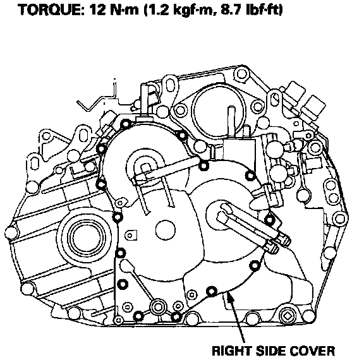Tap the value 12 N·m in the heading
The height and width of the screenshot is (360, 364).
pos(114,10)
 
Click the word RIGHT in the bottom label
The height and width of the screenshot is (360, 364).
pos(232,351)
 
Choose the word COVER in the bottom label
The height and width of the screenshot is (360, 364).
pos(313,351)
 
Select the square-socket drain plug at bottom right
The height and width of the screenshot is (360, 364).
pos(288,316)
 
